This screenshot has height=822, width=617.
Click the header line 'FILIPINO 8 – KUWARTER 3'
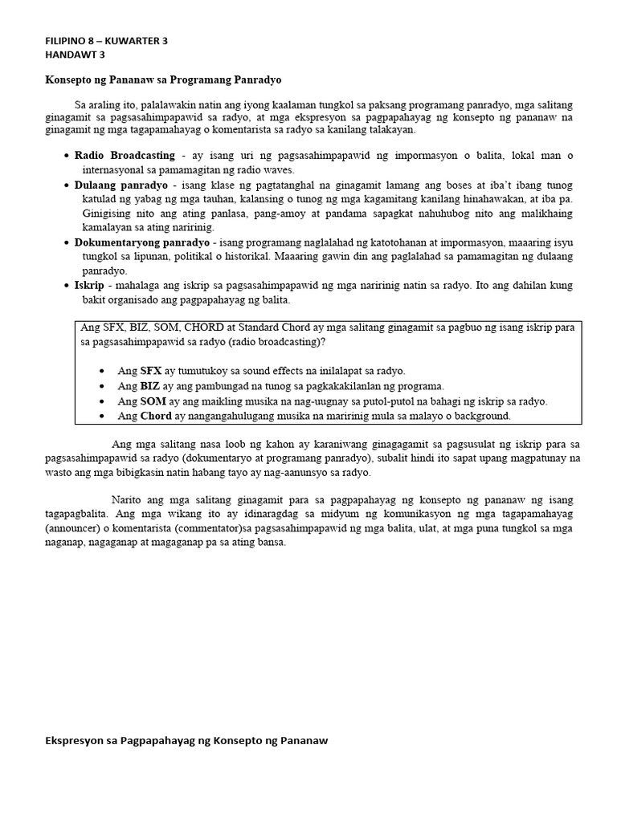coord(106,41)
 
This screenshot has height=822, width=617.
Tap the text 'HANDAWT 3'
coord(75,55)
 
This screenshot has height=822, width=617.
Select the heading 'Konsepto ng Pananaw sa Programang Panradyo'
coord(162,80)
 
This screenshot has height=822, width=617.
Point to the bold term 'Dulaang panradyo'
coord(121,185)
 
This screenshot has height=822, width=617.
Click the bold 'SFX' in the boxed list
coord(151,371)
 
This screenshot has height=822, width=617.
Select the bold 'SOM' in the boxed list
coord(153,401)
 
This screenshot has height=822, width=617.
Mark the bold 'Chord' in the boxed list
coord(156,416)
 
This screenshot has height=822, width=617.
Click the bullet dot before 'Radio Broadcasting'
coord(65,156)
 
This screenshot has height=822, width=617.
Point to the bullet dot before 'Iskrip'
coord(65,287)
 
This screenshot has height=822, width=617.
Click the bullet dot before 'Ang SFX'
coord(100,372)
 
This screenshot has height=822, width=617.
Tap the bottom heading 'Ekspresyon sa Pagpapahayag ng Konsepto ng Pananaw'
coord(186,741)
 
